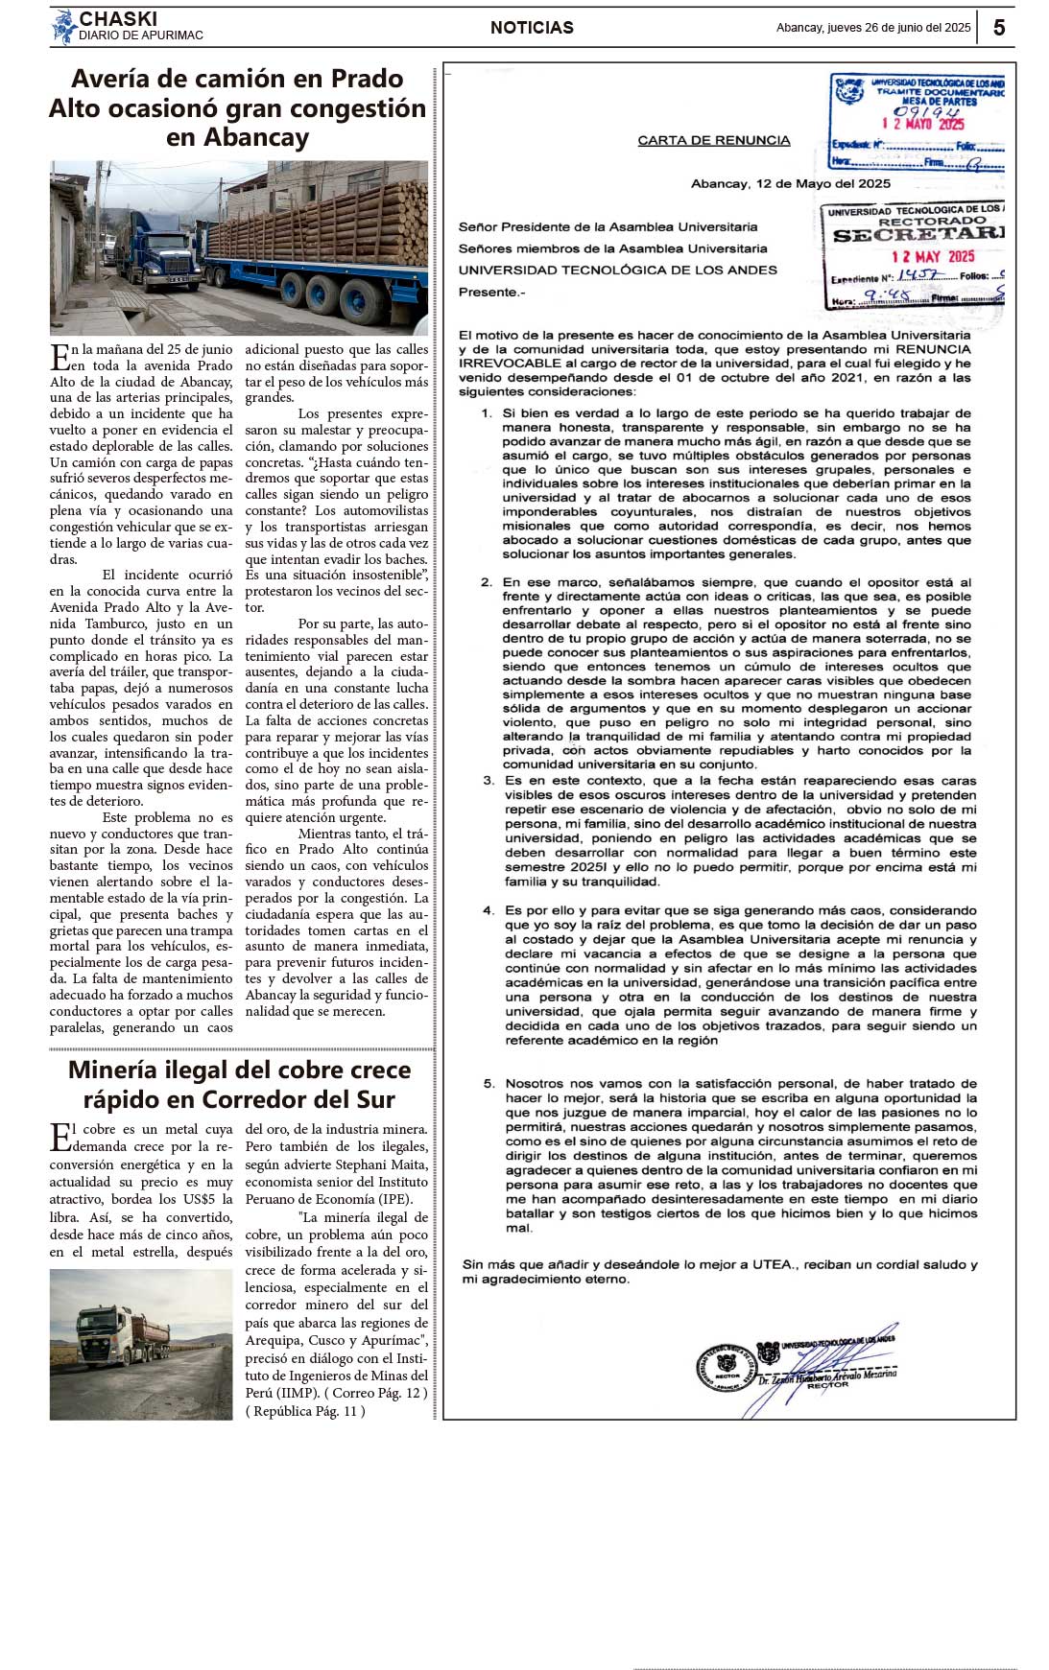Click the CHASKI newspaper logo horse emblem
(x=63, y=27)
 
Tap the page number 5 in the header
(x=999, y=28)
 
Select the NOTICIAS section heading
(x=532, y=28)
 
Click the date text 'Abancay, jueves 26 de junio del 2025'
(x=873, y=28)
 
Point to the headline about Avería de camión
(x=238, y=107)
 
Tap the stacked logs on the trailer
(x=326, y=230)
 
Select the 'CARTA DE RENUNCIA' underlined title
(x=714, y=140)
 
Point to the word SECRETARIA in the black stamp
(x=918, y=235)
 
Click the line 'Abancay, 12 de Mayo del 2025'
(x=790, y=183)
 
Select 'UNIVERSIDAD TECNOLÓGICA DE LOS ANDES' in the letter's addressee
(x=617, y=270)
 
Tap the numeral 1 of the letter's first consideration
(x=487, y=412)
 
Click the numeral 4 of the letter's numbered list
(x=489, y=910)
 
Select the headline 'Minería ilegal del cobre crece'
(x=239, y=1070)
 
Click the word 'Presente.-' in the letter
(x=491, y=293)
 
